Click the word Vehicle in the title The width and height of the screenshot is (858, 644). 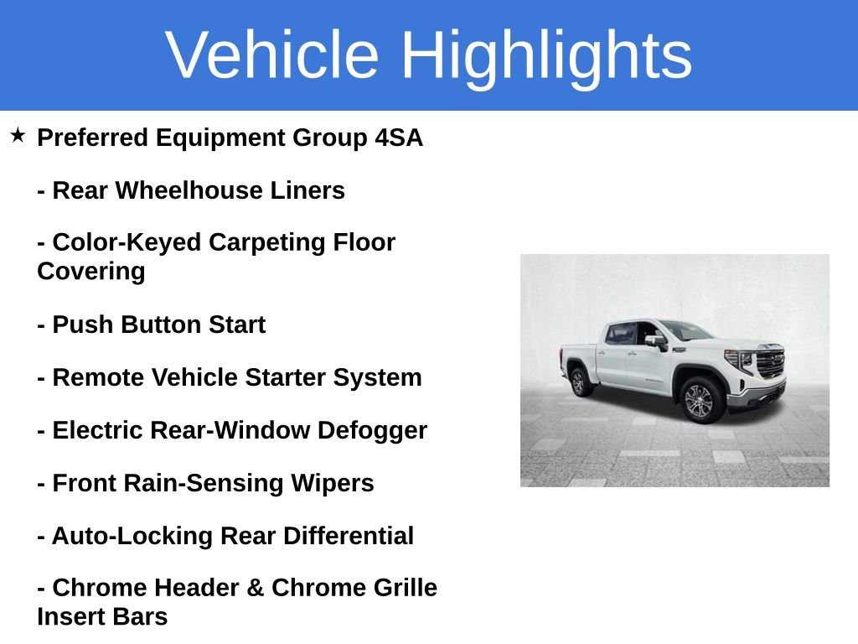tap(272, 55)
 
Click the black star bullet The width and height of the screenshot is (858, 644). tap(18, 135)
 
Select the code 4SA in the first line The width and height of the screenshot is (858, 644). tap(399, 138)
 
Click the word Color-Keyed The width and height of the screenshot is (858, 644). tap(127, 242)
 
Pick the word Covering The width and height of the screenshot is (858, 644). tap(91, 272)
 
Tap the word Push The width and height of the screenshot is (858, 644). tap(83, 325)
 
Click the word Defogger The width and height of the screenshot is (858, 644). tap(372, 431)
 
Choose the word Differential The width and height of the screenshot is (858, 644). tap(348, 536)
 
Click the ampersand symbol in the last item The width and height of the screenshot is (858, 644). tap(255, 588)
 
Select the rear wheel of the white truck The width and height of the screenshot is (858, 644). tap(578, 382)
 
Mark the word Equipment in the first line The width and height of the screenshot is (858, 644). tap(220, 138)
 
